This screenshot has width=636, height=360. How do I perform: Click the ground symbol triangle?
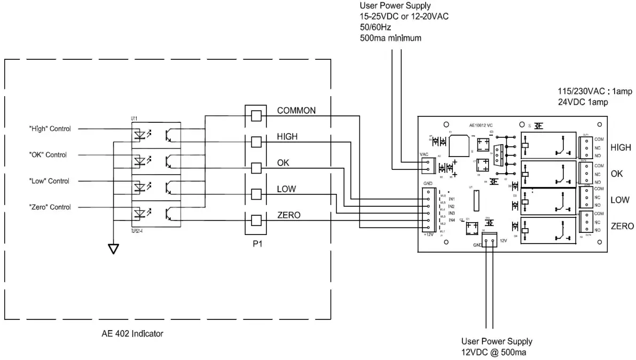click(x=113, y=248)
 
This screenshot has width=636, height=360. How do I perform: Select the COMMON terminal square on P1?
click(x=256, y=115)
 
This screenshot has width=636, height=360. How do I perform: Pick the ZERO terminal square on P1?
click(x=256, y=220)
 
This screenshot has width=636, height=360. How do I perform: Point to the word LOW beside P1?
click(x=286, y=189)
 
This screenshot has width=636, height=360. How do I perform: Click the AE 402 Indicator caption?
click(x=132, y=333)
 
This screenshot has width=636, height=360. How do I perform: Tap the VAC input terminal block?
click(x=426, y=166)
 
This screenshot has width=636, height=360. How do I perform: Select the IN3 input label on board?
click(x=451, y=213)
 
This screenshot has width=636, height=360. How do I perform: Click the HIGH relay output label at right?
click(x=621, y=147)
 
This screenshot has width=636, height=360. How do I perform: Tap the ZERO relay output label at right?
click(x=622, y=226)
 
